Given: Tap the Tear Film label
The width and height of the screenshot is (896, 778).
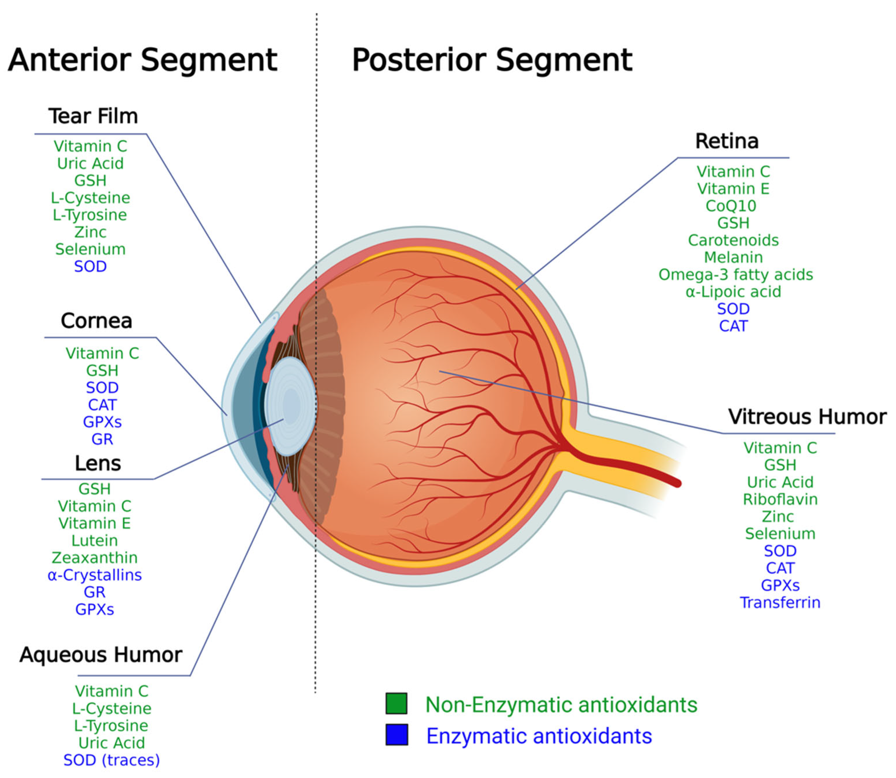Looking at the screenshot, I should (x=93, y=116).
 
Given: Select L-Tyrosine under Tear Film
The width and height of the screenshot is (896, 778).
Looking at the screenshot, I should (x=90, y=215).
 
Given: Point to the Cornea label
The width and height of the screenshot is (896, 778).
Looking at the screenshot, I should (x=97, y=321).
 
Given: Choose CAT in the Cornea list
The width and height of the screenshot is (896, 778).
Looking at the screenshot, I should (x=102, y=405).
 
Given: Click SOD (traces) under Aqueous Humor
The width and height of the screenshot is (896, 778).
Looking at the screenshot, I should (x=112, y=760).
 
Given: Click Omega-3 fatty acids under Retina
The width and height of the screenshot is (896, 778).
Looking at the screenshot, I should (x=735, y=275).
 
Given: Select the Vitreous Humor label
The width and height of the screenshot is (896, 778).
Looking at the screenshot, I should (x=807, y=417).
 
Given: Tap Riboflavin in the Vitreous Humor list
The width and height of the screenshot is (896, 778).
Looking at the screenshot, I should (x=780, y=499).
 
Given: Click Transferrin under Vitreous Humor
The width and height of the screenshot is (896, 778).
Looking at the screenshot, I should (x=780, y=603).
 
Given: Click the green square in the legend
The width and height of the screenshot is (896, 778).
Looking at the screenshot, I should (x=396, y=703).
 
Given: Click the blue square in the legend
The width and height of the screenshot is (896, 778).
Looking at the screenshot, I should (x=396, y=735).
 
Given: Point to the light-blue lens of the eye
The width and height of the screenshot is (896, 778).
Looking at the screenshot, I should (x=290, y=406).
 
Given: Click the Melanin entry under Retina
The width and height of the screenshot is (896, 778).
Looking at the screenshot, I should (x=733, y=257).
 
